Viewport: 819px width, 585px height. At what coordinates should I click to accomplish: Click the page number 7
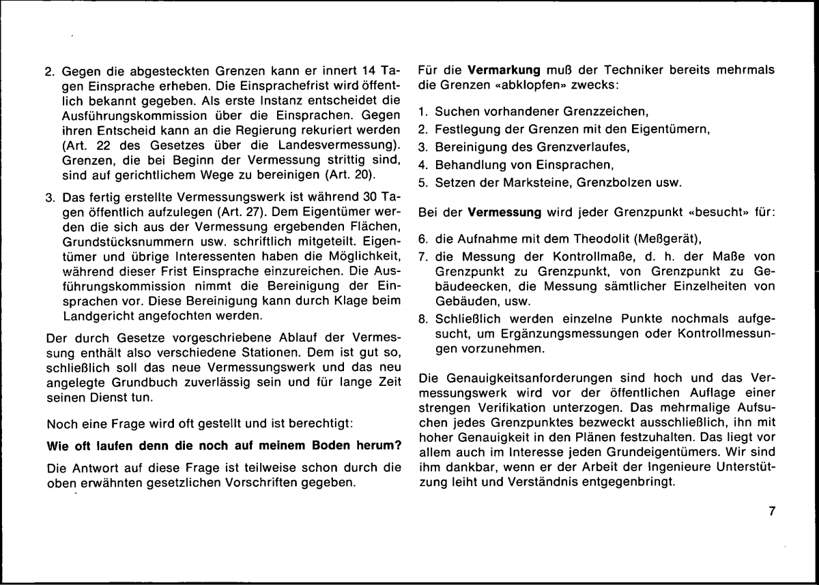[x=772, y=513]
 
